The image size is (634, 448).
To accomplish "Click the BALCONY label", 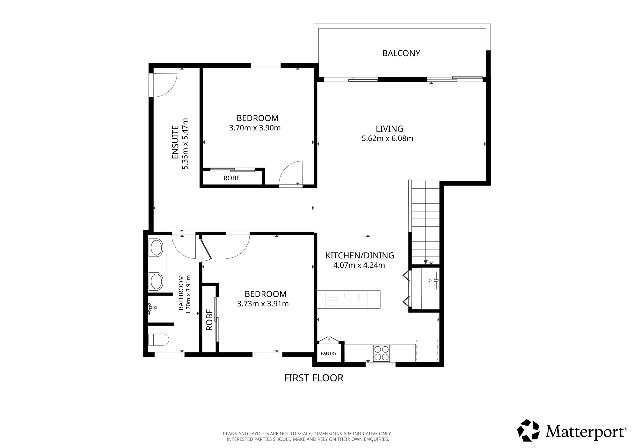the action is click(401, 53).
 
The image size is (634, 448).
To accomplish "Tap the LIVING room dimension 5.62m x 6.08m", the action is click(387, 139).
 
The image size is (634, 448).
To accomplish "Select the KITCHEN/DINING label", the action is click(360, 256).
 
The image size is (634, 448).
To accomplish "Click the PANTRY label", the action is click(329, 353).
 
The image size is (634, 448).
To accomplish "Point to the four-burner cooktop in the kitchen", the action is click(382, 353).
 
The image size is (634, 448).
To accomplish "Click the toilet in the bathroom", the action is click(158, 340).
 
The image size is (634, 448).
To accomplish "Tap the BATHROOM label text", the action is click(181, 293).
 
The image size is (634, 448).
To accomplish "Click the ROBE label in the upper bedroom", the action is click(231, 178).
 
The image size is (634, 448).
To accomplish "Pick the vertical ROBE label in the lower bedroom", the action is click(209, 320).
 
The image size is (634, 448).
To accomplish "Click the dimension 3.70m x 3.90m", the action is click(255, 128).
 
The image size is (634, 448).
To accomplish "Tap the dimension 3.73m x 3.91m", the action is click(263, 304).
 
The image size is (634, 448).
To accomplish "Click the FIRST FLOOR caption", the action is click(314, 378).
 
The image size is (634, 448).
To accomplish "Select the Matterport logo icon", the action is click(528, 430).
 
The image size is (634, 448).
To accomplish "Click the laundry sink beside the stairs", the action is click(430, 280).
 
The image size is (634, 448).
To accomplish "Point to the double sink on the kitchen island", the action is click(354, 300).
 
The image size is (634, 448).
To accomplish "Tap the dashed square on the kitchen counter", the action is click(427, 350).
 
